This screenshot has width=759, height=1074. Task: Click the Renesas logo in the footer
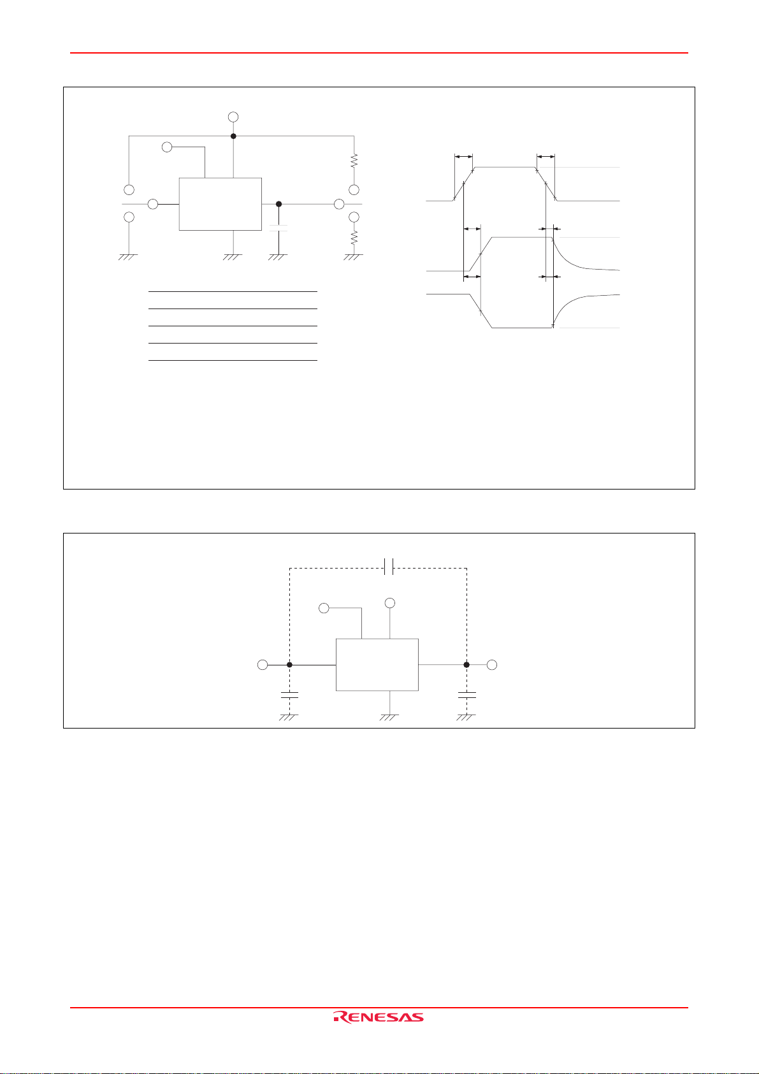click(378, 1017)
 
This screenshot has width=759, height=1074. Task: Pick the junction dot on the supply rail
click(233, 136)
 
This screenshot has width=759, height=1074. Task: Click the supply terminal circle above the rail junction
click(233, 117)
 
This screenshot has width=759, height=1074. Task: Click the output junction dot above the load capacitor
click(278, 204)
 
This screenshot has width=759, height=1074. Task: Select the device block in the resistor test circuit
click(220, 204)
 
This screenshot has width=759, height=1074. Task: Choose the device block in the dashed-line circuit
click(377, 664)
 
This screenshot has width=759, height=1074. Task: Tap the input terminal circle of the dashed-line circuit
click(262, 665)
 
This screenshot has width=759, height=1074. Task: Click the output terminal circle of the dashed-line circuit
click(491, 665)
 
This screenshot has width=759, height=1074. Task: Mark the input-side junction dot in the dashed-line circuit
click(290, 665)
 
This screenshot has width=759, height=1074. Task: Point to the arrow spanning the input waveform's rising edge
click(463, 156)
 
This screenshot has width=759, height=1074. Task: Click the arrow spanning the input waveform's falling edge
click(546, 156)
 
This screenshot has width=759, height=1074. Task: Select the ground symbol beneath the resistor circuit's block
click(235, 256)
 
